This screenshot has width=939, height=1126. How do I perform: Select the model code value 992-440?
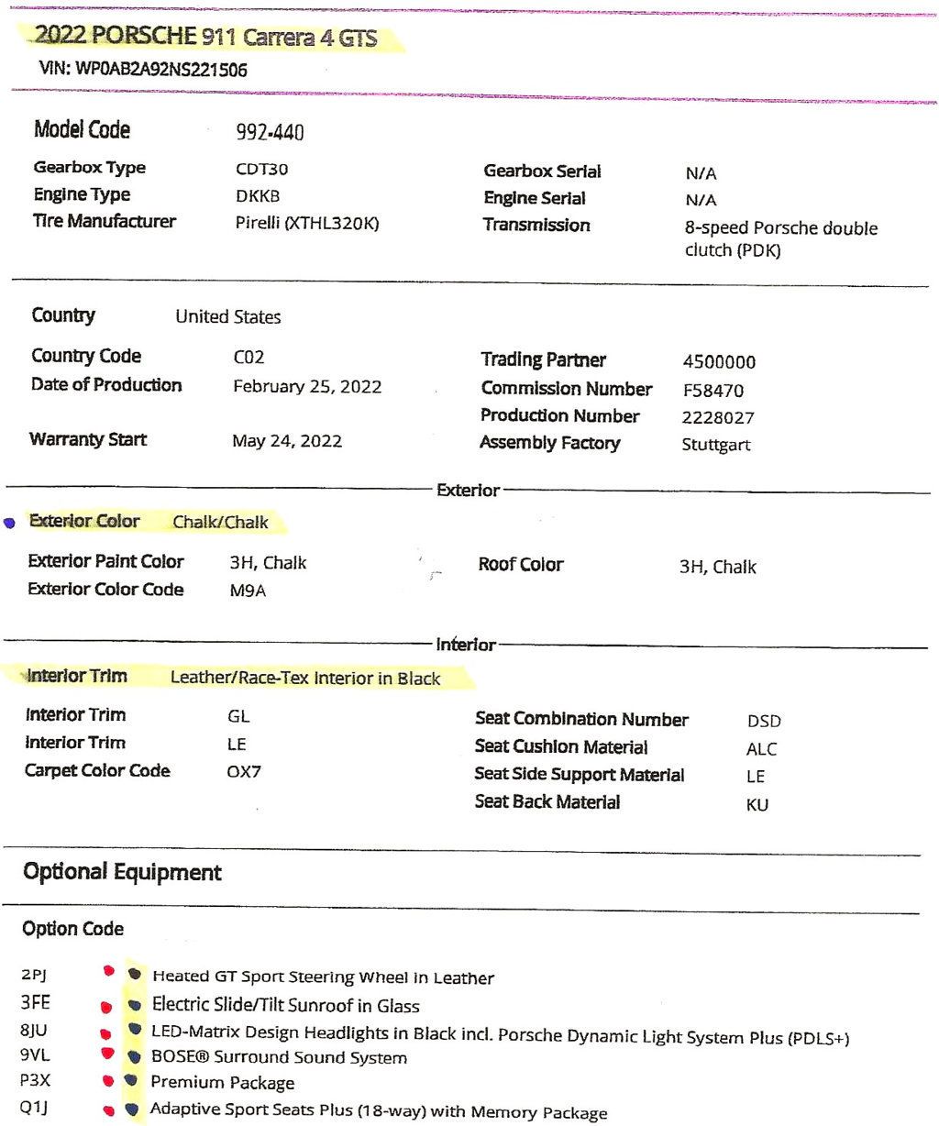coord(270,133)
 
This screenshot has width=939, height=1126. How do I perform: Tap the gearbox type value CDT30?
coord(261,169)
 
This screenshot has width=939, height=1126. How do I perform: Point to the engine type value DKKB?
coord(258,195)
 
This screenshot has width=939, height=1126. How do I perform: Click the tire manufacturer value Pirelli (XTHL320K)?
coord(306,222)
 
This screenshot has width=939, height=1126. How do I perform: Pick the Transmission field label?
coord(536,225)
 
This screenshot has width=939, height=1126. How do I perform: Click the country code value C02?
coord(249,359)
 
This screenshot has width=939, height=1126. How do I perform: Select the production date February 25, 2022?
coord(307,386)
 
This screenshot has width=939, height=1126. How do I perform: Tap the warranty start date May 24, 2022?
coord(287,441)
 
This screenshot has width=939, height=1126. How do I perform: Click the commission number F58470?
coord(713,391)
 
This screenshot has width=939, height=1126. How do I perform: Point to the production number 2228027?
coord(717,418)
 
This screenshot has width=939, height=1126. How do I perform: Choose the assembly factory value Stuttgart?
coord(715,446)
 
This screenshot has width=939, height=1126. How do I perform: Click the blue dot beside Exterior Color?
coord(9,524)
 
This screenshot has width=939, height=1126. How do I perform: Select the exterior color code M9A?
coord(248,591)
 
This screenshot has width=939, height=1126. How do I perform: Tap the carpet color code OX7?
coord(244,772)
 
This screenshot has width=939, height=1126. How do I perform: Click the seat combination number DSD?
coord(764,722)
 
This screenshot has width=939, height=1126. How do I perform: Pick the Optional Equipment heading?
coord(122,872)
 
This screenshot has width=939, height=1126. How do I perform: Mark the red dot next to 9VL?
coord(107,1054)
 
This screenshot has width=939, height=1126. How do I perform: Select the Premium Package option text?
coord(223,1083)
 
